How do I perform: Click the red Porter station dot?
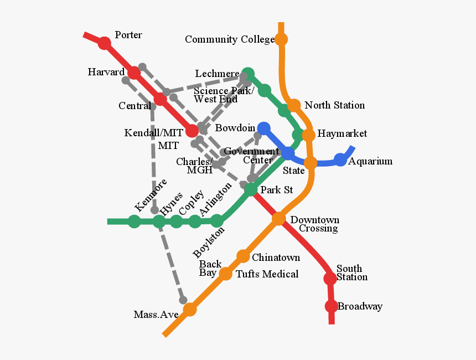[104, 43]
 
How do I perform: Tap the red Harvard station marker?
[134, 73]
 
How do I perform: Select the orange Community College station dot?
[281, 39]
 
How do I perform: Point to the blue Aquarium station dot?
[340, 160]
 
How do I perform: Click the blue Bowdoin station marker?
[264, 128]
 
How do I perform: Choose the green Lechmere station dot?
[248, 74]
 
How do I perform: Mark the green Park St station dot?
[251, 190]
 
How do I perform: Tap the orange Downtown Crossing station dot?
[278, 219]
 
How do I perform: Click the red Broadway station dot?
[331, 306]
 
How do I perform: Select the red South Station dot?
[330, 279]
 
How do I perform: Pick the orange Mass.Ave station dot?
[190, 310]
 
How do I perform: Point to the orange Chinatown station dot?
[243, 256]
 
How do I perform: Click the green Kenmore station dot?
[134, 222]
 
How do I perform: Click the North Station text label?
[334, 105]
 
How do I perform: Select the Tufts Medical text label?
[267, 274]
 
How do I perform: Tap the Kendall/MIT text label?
[153, 133]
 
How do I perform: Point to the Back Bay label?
[210, 268]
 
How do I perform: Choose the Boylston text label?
[209, 243]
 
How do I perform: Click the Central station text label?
[134, 106]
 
